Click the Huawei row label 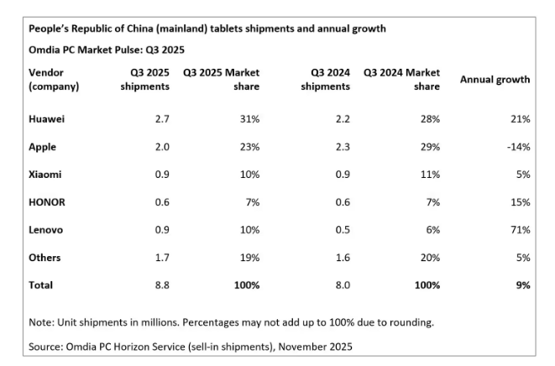pyautogui.click(x=47, y=120)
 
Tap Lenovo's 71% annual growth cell pyautogui.click(x=520, y=230)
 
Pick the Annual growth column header pyautogui.click(x=495, y=80)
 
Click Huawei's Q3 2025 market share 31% pyautogui.click(x=249, y=120)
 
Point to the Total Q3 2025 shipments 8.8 pyautogui.click(x=161, y=285)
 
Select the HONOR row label pyautogui.click(x=47, y=202)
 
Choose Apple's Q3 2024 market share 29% pyautogui.click(x=429, y=147)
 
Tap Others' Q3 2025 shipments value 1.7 pyautogui.click(x=161, y=258)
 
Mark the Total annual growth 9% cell pyautogui.click(x=522, y=285)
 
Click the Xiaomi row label pyautogui.click(x=46, y=175)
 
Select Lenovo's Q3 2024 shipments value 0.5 pyautogui.click(x=341, y=230)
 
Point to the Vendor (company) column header pyautogui.click(x=55, y=80)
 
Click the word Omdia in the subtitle pyautogui.click(x=45, y=50)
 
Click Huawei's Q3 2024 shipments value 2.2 pyautogui.click(x=341, y=120)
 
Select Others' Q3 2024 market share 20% pyautogui.click(x=429, y=258)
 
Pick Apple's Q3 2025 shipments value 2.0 pyautogui.click(x=161, y=147)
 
